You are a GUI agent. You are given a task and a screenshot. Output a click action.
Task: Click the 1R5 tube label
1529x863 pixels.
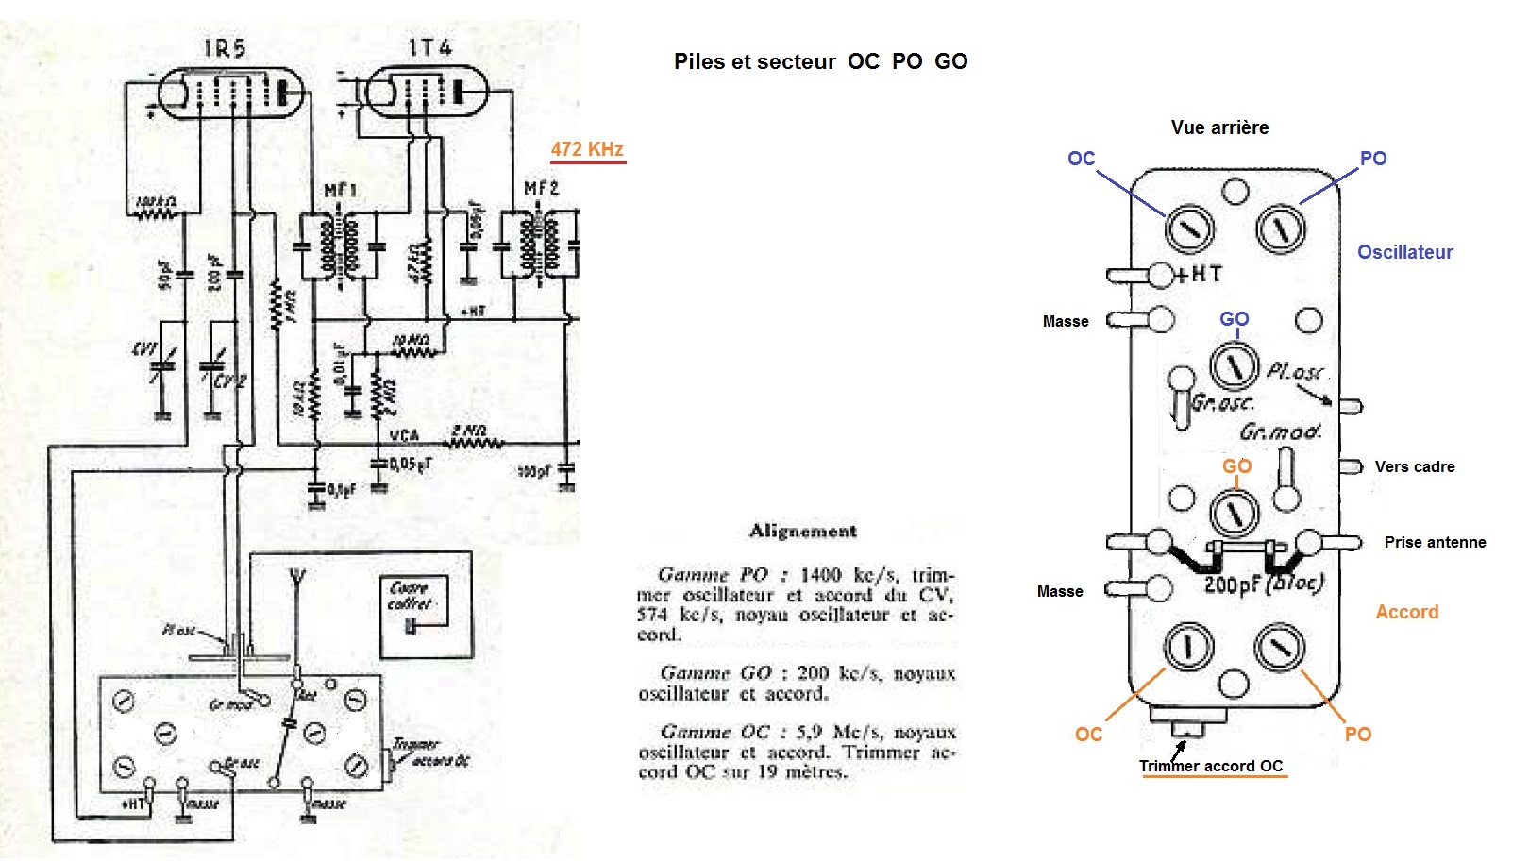tap(226, 48)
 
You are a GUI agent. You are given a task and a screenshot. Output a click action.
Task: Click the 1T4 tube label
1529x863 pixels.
tap(429, 47)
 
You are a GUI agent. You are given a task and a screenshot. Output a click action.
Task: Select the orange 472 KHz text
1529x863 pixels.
tap(587, 149)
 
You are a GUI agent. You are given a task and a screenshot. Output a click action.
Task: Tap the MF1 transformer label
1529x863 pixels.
tap(341, 192)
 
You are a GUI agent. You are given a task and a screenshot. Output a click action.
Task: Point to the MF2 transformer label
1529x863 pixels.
tap(541, 189)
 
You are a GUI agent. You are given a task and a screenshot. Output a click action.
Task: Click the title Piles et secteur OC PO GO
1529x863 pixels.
tap(820, 62)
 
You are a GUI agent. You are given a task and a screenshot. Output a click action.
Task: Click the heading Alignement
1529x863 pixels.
tap(802, 531)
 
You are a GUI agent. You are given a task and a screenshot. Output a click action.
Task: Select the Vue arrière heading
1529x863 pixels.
tap(1219, 127)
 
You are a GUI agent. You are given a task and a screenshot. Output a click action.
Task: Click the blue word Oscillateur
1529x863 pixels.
tap(1404, 252)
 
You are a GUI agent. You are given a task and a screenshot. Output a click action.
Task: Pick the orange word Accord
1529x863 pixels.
tap(1406, 612)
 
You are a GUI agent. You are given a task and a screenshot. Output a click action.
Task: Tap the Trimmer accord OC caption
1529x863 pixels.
tap(1211, 766)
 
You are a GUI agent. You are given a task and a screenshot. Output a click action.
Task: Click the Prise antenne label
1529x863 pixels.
tap(1435, 542)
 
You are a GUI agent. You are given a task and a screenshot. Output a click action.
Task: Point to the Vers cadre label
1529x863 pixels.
tap(1414, 466)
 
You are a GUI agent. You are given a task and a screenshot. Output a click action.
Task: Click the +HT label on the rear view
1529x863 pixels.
tap(1199, 274)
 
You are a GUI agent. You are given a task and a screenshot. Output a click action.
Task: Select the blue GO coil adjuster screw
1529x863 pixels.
tap(1234, 365)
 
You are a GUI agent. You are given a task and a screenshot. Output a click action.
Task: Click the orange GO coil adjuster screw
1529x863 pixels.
tap(1234, 513)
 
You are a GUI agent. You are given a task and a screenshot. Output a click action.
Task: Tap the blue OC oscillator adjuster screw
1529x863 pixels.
tap(1190, 228)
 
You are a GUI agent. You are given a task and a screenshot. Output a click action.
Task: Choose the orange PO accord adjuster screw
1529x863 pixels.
tap(1279, 648)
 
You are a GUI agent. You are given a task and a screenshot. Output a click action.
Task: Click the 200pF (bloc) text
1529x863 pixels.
tap(1263, 584)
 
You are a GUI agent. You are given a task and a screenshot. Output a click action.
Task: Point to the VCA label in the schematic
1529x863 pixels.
tap(404, 435)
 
